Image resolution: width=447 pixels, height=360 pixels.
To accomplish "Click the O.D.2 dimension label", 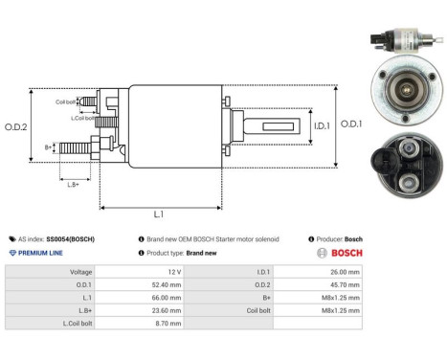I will [x=14, y=126].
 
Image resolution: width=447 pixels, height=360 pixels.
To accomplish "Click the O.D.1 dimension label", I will [x=351, y=124].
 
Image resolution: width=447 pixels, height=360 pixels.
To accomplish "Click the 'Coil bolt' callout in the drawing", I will [x=65, y=101].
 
